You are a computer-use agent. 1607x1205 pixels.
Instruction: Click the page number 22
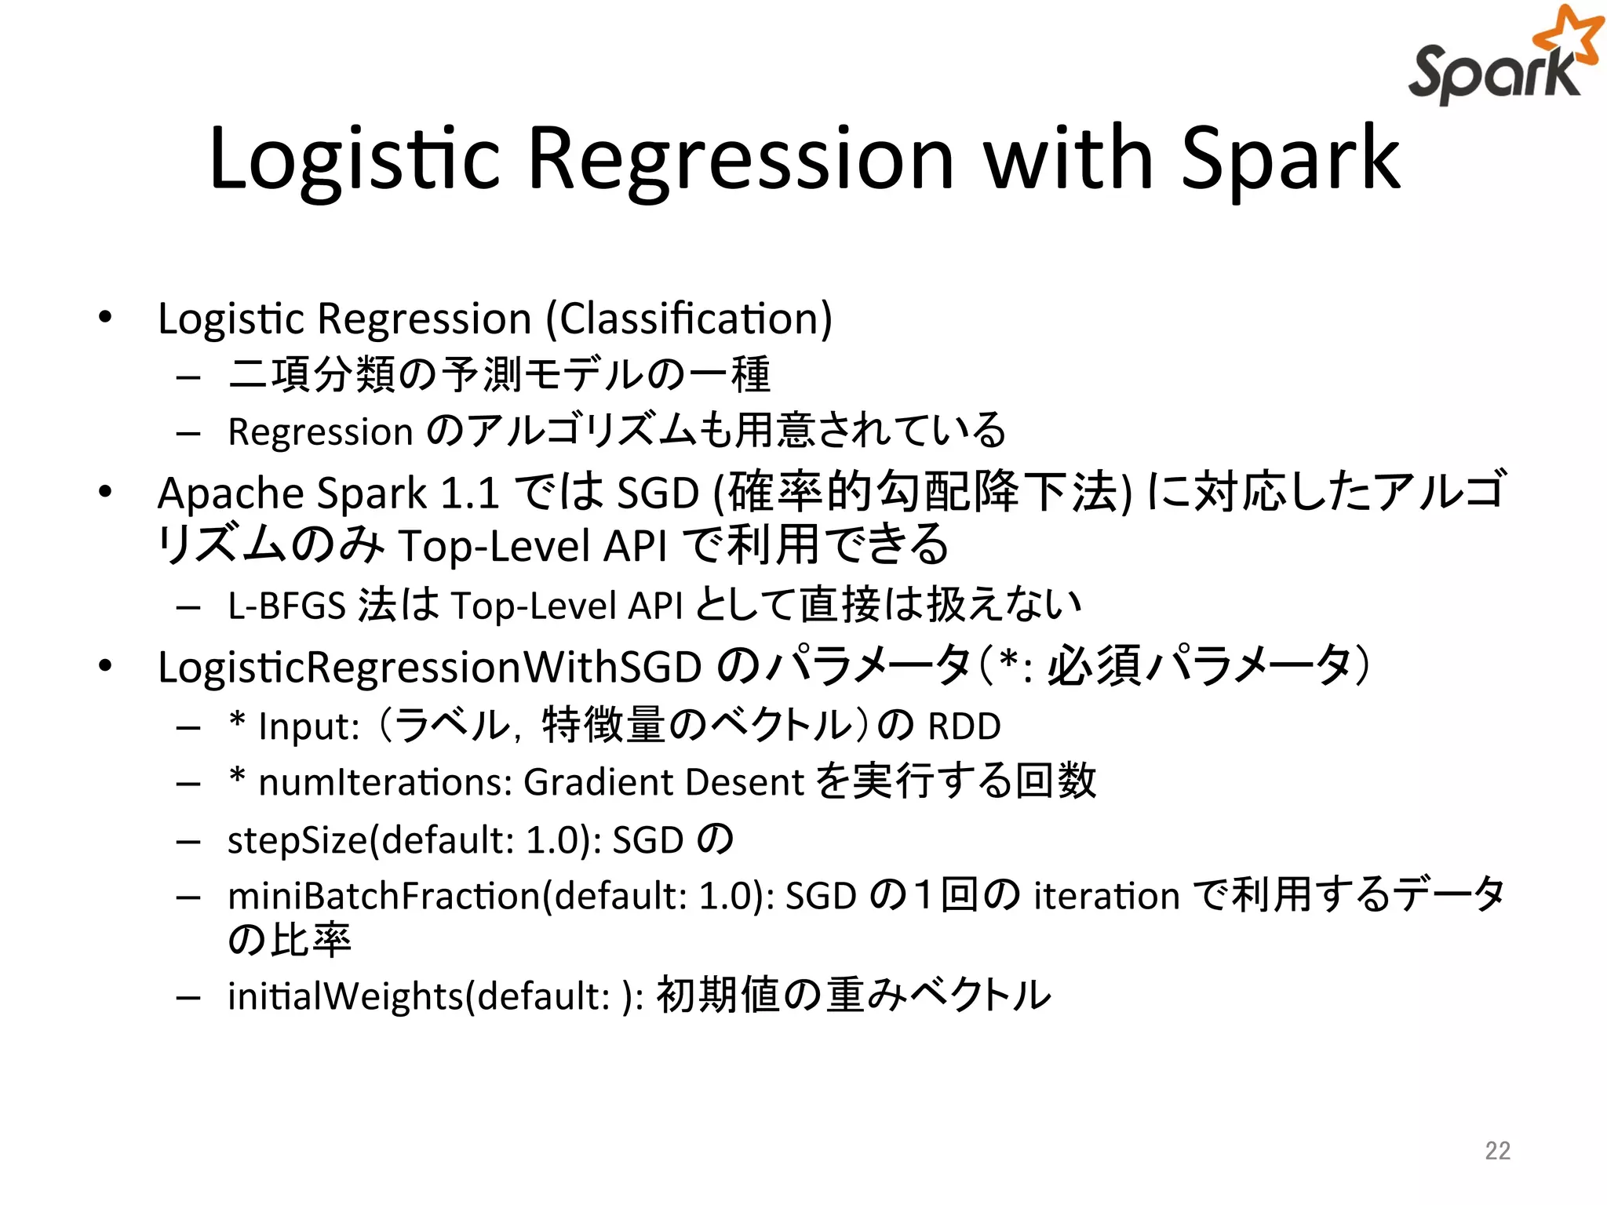(1497, 1150)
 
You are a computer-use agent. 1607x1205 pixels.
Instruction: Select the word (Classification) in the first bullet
(689, 319)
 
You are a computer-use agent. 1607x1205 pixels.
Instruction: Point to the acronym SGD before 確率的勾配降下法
(658, 494)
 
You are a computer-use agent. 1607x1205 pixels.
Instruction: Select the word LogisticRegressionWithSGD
(429, 668)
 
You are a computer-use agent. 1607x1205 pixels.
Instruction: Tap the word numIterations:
(385, 783)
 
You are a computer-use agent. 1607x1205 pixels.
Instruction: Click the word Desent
(745, 783)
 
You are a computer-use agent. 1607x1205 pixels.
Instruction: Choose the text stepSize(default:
(371, 840)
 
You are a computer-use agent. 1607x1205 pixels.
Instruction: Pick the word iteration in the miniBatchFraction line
(1106, 897)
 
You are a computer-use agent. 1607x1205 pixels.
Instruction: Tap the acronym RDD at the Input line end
(964, 726)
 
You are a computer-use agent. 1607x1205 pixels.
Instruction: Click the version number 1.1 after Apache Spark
(470, 494)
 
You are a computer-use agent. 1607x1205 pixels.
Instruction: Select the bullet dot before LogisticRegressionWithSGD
(105, 666)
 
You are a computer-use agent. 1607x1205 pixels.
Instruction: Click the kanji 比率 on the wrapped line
(311, 940)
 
